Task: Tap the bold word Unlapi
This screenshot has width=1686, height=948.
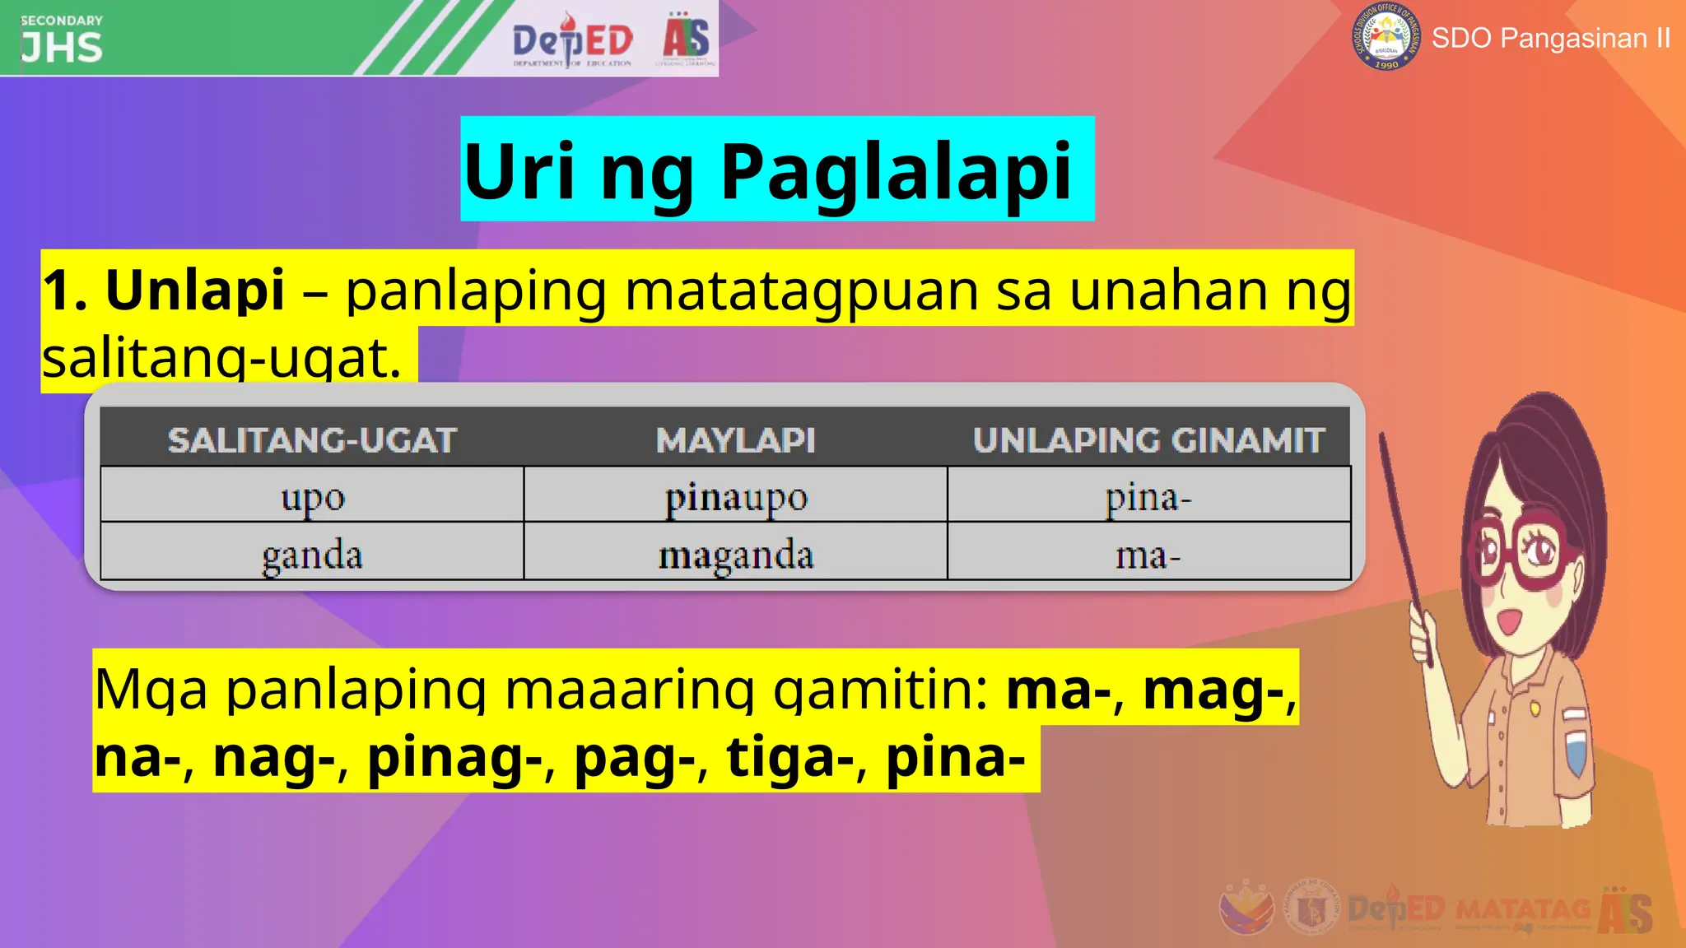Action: tap(195, 290)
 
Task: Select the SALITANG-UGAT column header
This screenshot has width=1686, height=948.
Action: tap(312, 440)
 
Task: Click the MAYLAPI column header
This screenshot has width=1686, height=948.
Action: tap(735, 440)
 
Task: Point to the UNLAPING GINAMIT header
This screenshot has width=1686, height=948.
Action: tap(1148, 440)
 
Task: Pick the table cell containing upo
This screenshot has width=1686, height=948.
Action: tap(312, 496)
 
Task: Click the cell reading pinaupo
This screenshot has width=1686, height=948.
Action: tap(735, 496)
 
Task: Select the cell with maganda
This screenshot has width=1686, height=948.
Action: tap(735, 554)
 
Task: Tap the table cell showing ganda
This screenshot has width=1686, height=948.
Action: tap(312, 554)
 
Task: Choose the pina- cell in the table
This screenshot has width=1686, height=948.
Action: tap(1148, 496)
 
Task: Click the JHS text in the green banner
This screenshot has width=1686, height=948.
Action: tap(62, 48)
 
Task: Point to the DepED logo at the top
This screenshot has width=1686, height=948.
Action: tap(572, 39)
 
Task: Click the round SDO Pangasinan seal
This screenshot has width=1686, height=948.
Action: tap(1386, 37)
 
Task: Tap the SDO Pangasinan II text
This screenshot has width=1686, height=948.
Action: tap(1551, 38)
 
